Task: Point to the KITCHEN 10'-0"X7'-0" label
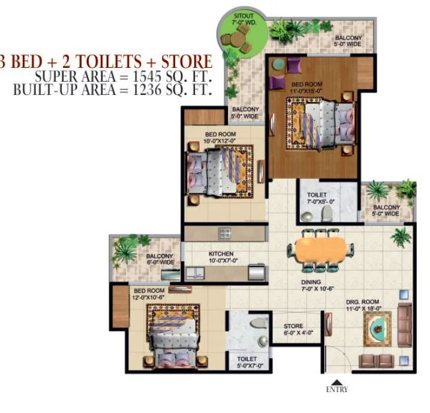tap(221, 257)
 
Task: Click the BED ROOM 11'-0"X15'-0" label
tap(307, 88)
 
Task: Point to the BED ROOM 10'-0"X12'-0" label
tap(220, 137)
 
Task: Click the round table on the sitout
tap(238, 42)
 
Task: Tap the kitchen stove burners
tap(225, 232)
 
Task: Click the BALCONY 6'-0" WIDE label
tap(160, 259)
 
